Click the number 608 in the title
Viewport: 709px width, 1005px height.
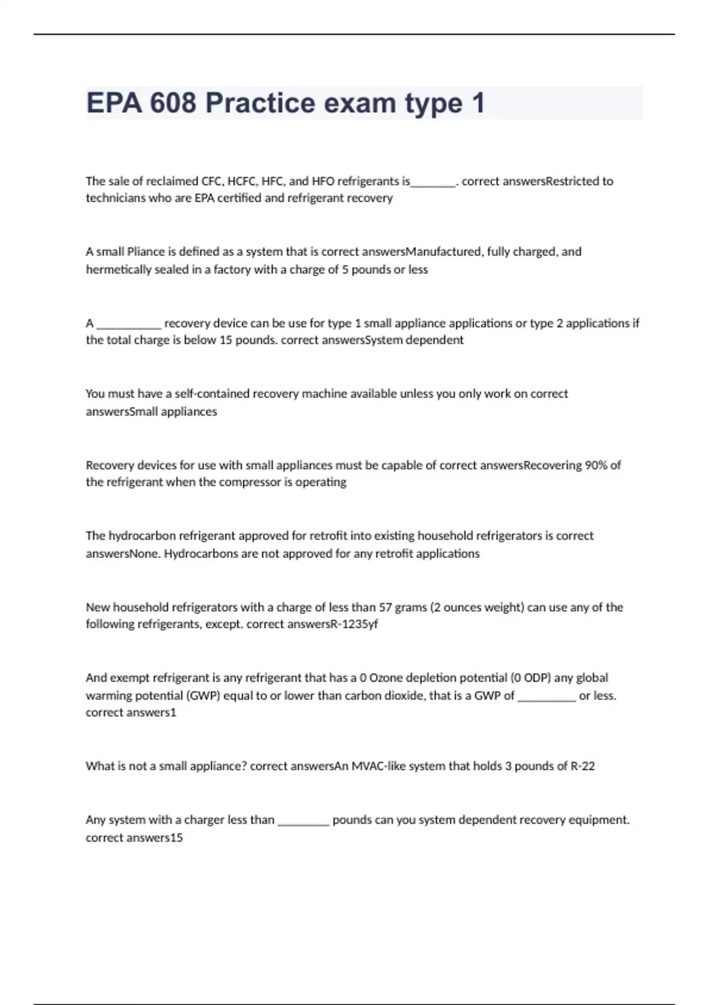coord(173,103)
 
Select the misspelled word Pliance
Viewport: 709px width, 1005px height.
coord(146,252)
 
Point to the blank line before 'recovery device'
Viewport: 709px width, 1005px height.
coord(128,324)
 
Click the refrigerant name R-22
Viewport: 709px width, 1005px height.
coord(583,766)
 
